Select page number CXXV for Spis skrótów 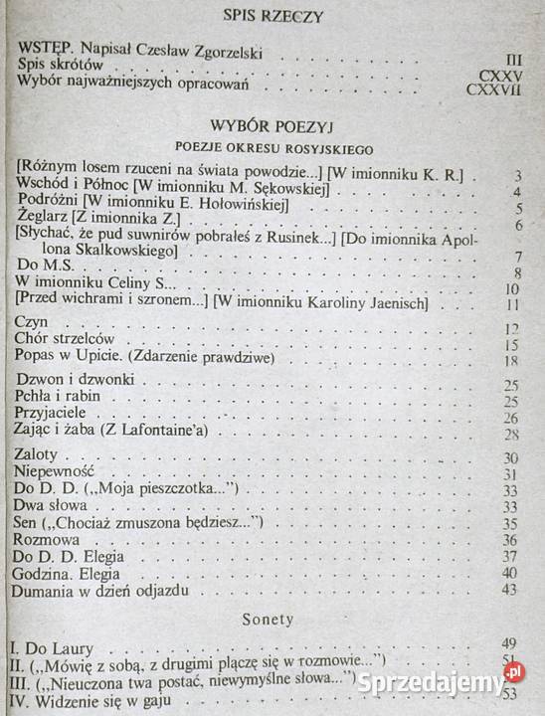501,74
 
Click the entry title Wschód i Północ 73,191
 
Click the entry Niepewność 59,474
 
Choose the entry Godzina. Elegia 73,573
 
